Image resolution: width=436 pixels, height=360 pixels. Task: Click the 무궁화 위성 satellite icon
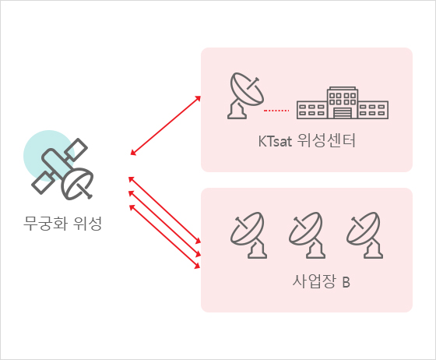pos(62,169)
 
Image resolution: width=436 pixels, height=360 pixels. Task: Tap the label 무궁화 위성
pos(62,224)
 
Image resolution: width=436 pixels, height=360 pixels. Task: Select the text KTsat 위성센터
pos(307,140)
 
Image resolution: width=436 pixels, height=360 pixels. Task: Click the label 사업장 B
pos(321,281)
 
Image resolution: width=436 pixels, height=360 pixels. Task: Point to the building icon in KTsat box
pos(343,103)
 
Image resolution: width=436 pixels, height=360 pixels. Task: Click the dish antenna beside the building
pos(245,96)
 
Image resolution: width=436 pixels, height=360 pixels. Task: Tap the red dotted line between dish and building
pos(276,111)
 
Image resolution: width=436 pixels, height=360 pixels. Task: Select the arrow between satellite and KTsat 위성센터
pos(166,125)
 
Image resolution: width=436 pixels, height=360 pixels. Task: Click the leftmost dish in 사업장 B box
pos(248,235)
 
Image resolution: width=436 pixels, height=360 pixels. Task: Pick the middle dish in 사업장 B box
pos(306,235)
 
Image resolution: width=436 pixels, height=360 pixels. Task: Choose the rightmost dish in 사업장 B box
pos(364,235)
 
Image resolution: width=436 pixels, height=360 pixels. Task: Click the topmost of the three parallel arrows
pos(164,210)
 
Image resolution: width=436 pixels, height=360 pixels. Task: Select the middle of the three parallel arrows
pos(164,224)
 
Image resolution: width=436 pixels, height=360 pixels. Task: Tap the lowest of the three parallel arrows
pos(164,237)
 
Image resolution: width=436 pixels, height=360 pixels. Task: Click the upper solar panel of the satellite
pos(77,150)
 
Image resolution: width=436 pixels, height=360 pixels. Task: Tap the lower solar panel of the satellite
pos(43,183)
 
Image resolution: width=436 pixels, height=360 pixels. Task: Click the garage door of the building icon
pos(343,113)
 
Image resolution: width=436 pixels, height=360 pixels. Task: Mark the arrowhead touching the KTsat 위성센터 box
pos(198,98)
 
